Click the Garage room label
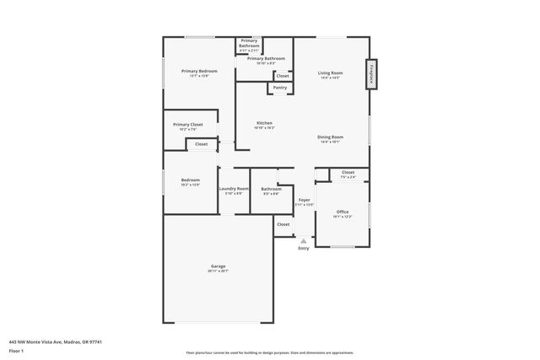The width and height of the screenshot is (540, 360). (218, 266)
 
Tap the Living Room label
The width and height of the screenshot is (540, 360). (330, 73)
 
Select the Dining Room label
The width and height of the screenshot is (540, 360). (330, 137)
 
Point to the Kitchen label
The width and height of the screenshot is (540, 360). (264, 123)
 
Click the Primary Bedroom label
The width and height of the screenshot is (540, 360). (199, 71)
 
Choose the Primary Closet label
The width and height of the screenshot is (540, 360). (189, 125)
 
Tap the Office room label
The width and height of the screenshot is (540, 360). (342, 211)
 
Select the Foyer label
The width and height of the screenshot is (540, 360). (304, 200)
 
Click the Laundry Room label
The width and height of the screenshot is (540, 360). (233, 189)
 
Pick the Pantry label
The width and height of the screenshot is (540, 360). (280, 87)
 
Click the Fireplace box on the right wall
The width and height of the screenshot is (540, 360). (370, 73)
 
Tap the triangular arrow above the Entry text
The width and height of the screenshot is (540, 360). (304, 240)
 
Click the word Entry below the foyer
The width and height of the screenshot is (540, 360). (304, 248)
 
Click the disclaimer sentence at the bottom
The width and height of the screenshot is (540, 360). (269, 352)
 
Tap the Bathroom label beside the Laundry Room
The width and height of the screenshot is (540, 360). (271, 189)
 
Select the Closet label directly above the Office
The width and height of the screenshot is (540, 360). (348, 172)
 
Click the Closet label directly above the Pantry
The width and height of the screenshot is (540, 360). (282, 76)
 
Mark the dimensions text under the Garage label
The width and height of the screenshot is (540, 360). (218, 271)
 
